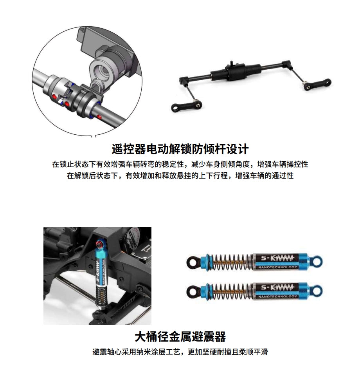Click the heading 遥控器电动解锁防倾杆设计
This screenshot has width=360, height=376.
click(x=180, y=149)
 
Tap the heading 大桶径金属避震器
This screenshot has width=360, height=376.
click(x=180, y=337)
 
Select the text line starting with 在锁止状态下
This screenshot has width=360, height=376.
click(x=180, y=164)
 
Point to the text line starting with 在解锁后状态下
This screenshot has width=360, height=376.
click(x=180, y=175)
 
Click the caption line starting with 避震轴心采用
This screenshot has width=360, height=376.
click(x=180, y=352)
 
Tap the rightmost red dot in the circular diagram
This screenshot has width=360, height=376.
click(x=99, y=117)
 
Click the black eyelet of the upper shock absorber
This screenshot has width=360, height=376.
click(x=193, y=262)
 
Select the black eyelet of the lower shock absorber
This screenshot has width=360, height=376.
click(x=193, y=291)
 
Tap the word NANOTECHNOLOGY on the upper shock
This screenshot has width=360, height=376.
click(x=277, y=267)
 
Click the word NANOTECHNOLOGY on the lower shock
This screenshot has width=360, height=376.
click(x=277, y=296)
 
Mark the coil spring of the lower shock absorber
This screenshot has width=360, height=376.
click(x=230, y=291)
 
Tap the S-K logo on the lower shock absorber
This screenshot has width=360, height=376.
click(x=277, y=287)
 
